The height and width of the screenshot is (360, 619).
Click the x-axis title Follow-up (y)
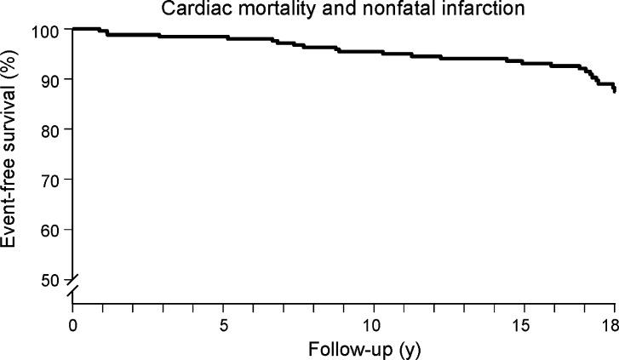[342, 348]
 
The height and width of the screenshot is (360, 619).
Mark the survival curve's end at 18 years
[614, 91]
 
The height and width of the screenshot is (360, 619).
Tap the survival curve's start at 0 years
[74, 29]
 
